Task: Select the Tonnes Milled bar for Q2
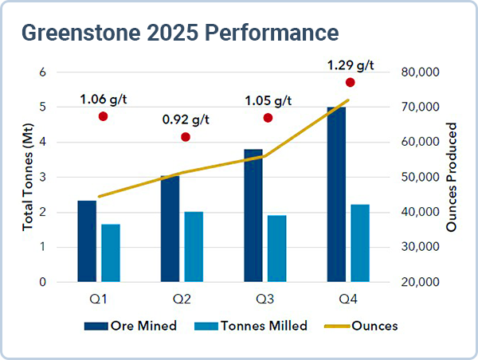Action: click(194, 246)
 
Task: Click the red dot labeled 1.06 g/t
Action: click(103, 116)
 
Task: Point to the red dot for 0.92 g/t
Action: click(186, 137)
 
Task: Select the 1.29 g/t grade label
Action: click(351, 64)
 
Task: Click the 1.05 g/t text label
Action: click(268, 100)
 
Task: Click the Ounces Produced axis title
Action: click(452, 178)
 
